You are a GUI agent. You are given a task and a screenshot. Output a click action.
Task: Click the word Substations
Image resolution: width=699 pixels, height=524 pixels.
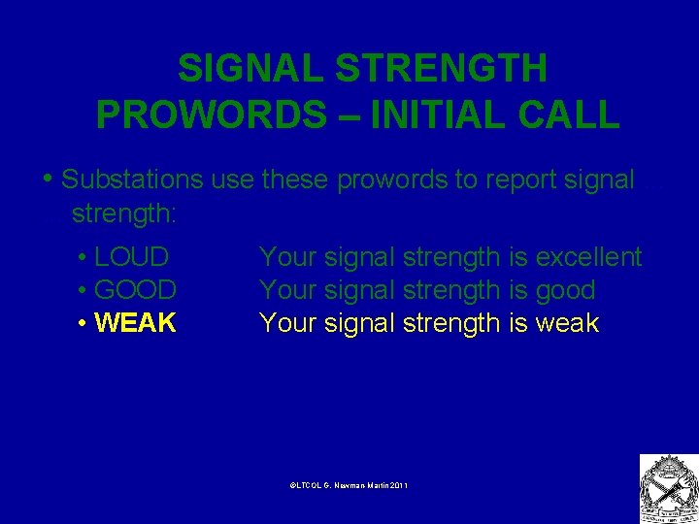(132, 180)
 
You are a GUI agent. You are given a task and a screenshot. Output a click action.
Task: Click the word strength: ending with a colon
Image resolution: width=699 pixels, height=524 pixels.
(119, 212)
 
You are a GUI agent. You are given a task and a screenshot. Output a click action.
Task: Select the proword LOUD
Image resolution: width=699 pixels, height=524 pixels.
(132, 257)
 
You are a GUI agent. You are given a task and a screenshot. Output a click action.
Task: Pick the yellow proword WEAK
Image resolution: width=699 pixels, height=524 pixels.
(136, 323)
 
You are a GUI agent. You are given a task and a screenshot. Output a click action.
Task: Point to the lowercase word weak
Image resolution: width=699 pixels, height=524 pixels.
(567, 323)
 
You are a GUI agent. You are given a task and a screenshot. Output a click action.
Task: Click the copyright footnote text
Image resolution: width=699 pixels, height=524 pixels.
(349, 484)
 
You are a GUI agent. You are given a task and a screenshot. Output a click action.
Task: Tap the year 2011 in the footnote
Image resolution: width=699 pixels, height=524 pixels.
(398, 484)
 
